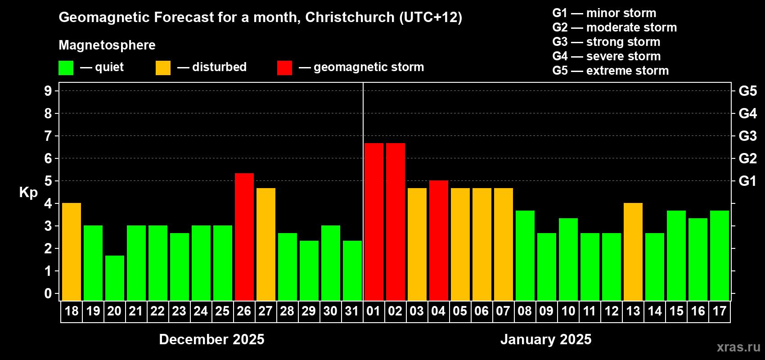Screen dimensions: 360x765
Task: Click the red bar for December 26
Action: tap(244, 237)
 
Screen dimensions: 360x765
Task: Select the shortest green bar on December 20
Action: tap(114, 278)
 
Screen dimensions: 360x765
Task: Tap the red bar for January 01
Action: tap(373, 221)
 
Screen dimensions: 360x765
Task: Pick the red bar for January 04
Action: tap(438, 240)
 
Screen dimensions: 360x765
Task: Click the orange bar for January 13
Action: tap(633, 252)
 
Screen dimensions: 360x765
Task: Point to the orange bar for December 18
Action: tap(71, 252)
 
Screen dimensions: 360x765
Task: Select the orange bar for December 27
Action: tap(265, 244)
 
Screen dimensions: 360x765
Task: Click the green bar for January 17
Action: tap(719, 255)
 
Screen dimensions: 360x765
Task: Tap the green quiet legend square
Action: tap(66, 68)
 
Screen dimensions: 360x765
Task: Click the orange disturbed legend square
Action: tap(163, 68)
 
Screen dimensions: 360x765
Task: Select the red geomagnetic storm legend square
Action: tap(284, 68)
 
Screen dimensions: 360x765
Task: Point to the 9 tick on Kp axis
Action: tap(48, 91)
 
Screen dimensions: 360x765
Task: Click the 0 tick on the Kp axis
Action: tap(48, 293)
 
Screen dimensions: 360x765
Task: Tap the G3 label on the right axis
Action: tap(747, 136)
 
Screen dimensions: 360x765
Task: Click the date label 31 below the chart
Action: tap(351, 311)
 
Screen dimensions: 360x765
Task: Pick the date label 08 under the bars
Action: tap(524, 311)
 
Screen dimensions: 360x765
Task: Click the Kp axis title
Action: tap(28, 192)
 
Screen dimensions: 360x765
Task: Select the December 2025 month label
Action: tap(211, 339)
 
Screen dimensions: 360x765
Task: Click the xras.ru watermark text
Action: tap(738, 347)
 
